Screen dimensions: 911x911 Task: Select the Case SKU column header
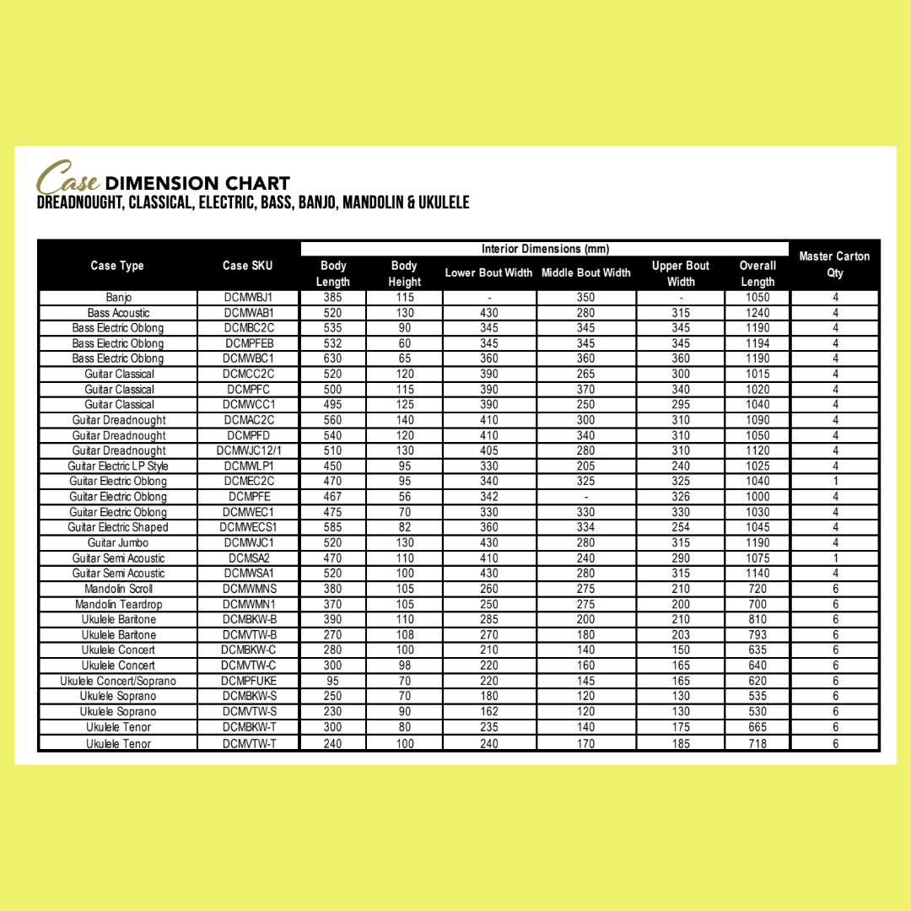tap(247, 266)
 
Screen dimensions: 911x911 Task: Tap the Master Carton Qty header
tap(834, 264)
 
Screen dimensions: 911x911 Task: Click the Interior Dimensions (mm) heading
tap(545, 249)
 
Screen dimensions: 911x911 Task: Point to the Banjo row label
tap(118, 298)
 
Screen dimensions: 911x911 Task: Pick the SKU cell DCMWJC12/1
tap(248, 450)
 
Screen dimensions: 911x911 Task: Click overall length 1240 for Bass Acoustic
tap(757, 313)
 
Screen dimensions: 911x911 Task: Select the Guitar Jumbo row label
tap(118, 542)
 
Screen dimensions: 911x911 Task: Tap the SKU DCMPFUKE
tap(248, 681)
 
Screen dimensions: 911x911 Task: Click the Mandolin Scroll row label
tap(118, 589)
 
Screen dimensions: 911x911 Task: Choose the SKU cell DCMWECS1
tap(248, 527)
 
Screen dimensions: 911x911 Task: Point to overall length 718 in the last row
tap(757, 744)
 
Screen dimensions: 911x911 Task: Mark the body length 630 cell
tap(333, 358)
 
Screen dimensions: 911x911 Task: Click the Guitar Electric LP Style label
tap(118, 466)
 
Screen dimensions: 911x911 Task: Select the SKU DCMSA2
tap(248, 558)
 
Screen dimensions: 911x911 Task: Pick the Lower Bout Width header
tap(488, 272)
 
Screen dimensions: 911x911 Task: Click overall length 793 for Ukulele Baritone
tap(757, 634)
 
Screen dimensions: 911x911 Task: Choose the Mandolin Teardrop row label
tap(118, 604)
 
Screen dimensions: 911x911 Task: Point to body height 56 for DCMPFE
tap(404, 497)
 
